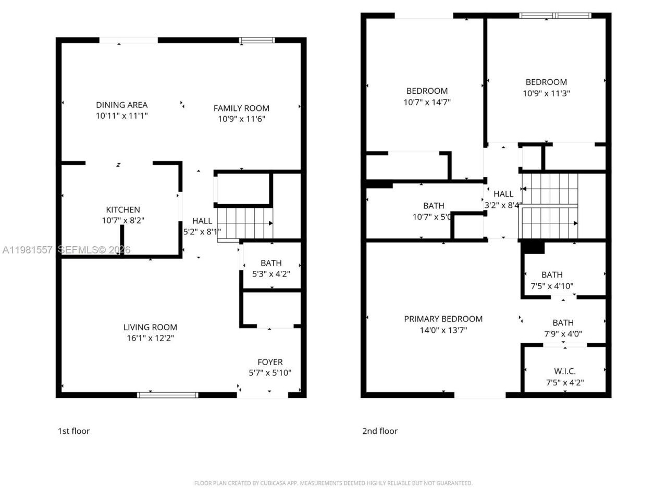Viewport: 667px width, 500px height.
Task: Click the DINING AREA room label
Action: click(121, 105)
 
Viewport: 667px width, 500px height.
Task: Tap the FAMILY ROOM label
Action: click(241, 108)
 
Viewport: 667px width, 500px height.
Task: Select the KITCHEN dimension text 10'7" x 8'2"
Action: click(123, 220)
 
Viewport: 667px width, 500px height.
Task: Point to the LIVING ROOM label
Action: click(150, 327)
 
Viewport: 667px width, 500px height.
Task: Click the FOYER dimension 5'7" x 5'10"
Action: click(270, 373)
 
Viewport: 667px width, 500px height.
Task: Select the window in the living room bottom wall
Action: click(168, 395)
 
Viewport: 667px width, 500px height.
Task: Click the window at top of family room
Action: click(257, 40)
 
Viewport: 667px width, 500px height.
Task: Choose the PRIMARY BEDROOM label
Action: click(443, 319)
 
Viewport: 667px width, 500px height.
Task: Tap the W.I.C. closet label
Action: click(565, 371)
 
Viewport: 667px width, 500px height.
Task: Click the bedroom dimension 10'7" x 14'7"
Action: click(427, 102)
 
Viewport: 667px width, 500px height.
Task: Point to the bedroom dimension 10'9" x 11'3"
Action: click(546, 93)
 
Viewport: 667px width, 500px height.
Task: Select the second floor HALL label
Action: click(503, 194)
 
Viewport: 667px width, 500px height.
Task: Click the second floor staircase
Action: click(550, 206)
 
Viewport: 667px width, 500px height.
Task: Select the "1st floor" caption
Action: click(73, 431)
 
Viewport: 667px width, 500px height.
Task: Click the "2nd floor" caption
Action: click(380, 431)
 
